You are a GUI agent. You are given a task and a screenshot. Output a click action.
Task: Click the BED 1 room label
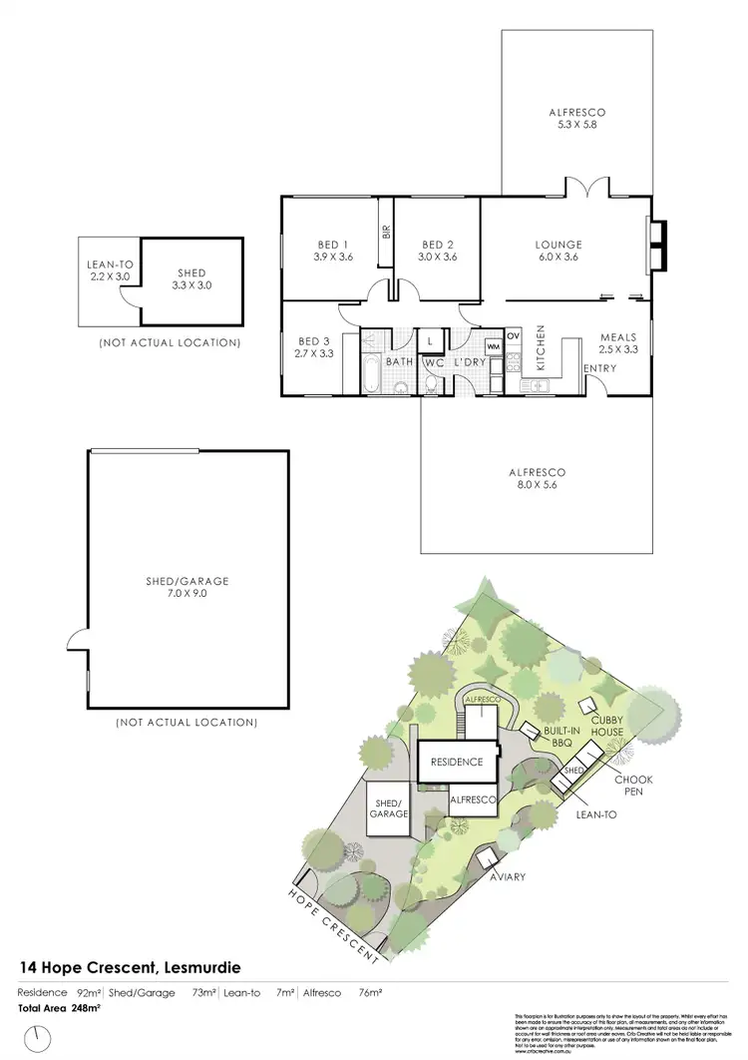point(333,251)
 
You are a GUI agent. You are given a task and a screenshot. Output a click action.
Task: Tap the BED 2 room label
point(439,251)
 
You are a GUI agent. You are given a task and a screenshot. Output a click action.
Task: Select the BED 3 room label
point(313,346)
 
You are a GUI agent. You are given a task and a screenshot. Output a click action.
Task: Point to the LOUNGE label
point(559,251)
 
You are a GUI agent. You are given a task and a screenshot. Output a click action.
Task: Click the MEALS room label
point(618,343)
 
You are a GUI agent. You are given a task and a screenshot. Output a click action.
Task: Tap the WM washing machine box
point(493,345)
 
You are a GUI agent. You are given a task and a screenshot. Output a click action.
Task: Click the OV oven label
point(514,335)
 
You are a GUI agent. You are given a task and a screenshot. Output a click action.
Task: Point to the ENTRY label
point(600,368)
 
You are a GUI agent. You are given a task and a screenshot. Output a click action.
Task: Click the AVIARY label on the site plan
point(507,876)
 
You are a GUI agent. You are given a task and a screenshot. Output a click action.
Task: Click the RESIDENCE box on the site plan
point(457,762)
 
